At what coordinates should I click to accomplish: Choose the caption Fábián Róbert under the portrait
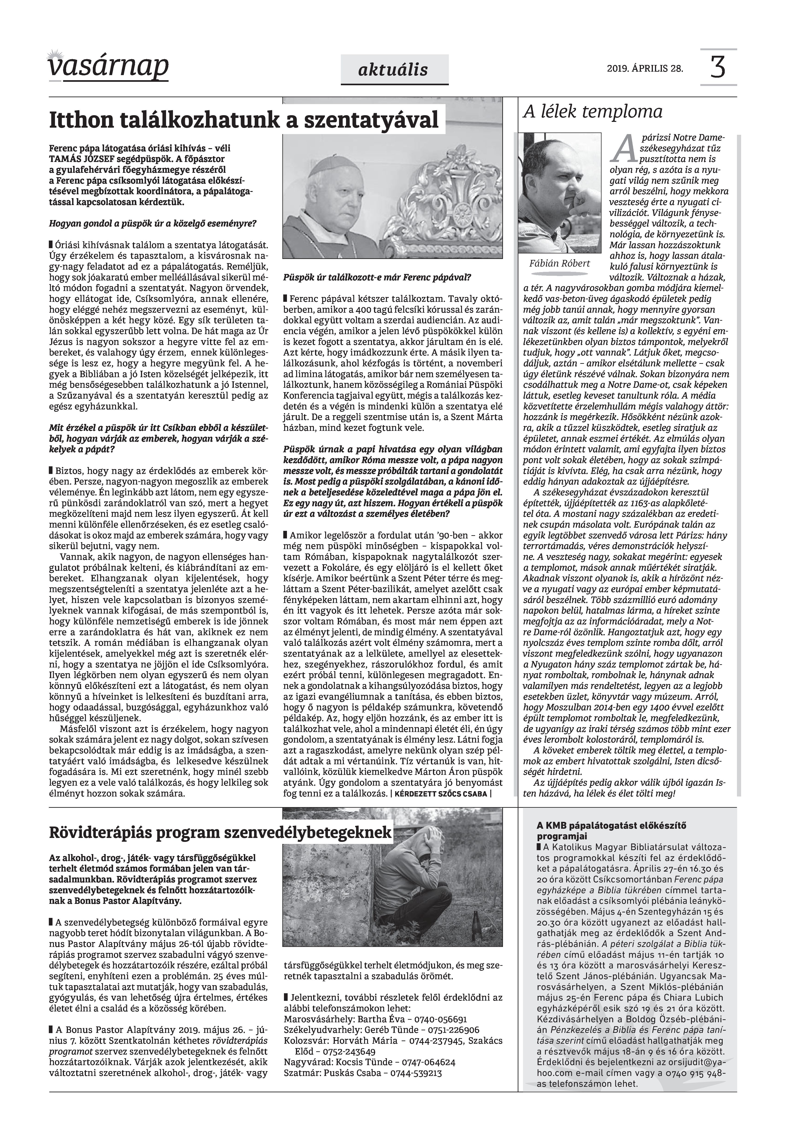click(x=559, y=264)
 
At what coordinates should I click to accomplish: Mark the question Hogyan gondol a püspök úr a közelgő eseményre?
click(x=153, y=223)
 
